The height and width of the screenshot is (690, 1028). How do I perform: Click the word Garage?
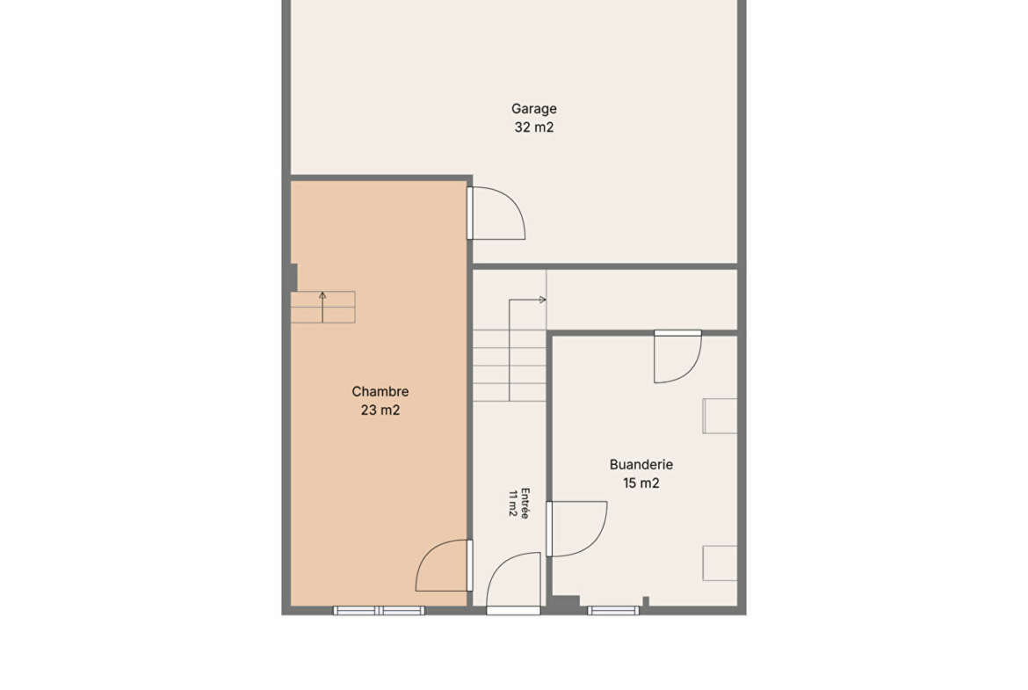pos(533,109)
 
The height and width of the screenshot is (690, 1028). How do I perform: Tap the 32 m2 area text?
pos(533,127)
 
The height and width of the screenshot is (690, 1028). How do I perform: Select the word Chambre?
pos(380,391)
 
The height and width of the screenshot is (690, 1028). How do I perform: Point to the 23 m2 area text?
pos(380,410)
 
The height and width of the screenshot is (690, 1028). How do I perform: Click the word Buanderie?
pos(641,464)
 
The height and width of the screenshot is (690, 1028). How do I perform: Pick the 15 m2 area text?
pos(641,483)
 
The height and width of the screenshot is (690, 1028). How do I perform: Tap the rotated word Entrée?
pos(525,503)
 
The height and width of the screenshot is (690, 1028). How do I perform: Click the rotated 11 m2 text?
pos(513,503)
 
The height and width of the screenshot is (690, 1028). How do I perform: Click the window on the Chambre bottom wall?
pos(379,611)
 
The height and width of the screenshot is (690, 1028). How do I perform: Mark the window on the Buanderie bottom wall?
pos(613,611)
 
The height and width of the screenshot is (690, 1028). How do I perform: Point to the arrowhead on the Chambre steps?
pos(322,296)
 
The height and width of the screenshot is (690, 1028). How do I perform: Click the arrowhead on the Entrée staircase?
pos(543,300)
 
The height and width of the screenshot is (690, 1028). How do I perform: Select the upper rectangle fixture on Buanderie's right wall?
pos(720,416)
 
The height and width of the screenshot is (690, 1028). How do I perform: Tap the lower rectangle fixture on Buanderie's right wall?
pos(720,563)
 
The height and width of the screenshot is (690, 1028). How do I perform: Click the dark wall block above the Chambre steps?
pos(293,278)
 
